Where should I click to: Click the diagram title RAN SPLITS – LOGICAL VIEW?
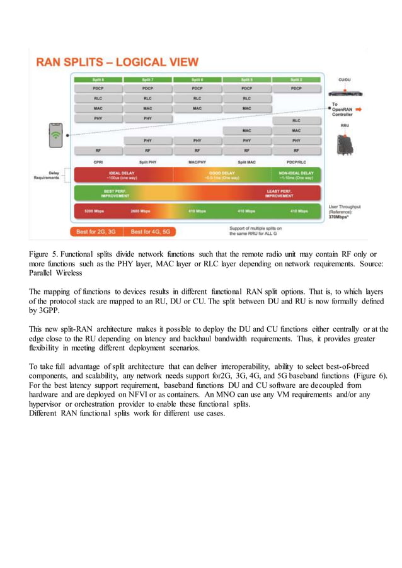(x=117, y=62)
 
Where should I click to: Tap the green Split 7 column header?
(x=147, y=80)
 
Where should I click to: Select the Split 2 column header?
(x=296, y=80)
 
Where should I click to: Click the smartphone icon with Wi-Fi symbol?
(x=57, y=134)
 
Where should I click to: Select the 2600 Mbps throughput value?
(x=140, y=211)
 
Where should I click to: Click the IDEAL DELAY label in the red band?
(x=119, y=173)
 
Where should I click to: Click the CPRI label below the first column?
(x=98, y=161)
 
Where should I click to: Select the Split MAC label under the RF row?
(x=246, y=161)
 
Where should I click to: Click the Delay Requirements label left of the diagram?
(x=47, y=176)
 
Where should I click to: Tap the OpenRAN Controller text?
(x=347, y=111)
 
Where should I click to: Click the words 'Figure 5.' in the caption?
(x=45, y=254)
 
